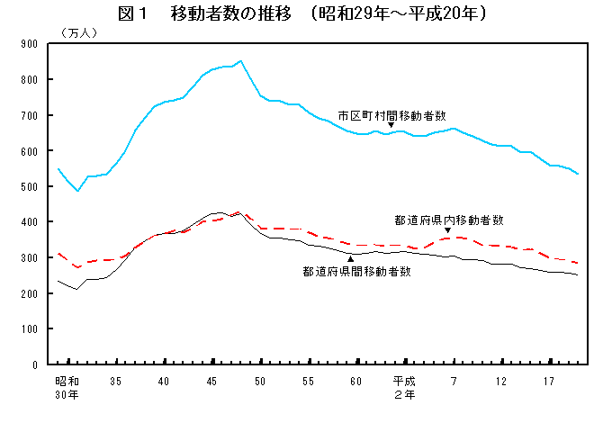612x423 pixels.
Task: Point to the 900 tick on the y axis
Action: coord(31,43)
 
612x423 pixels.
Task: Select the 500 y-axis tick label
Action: coord(31,186)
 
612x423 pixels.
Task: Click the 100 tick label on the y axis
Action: coord(31,329)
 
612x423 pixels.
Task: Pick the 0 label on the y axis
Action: coord(35,365)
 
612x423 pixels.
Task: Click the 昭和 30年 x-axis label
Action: coord(67,388)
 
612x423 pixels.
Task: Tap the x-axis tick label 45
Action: coord(212,382)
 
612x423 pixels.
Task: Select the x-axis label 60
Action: coord(357,382)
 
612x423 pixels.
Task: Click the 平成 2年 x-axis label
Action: coord(405,388)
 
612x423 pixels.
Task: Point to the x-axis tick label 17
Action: coord(550,382)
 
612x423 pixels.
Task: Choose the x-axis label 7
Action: coord(454,382)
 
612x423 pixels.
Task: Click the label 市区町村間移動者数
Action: coord(392,114)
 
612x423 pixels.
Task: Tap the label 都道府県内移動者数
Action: coord(449,220)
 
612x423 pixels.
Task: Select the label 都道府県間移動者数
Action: coord(357,270)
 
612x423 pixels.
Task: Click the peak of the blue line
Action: coord(240,61)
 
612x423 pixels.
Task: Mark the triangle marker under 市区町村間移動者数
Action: coord(391,125)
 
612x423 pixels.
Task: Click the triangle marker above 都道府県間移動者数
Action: coord(351,259)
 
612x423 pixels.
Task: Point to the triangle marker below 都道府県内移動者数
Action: coord(447,230)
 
